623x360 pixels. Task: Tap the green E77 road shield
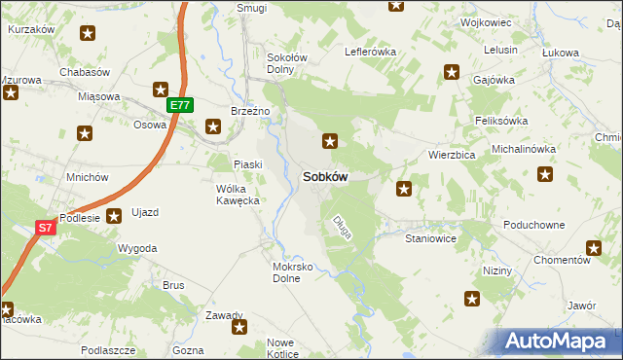point(179,105)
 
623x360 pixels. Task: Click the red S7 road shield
point(45,228)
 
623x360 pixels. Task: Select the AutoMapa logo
point(559,342)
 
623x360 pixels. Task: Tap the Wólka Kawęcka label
point(237,194)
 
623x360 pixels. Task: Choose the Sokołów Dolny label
point(287,63)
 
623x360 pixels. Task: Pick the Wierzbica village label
point(452,155)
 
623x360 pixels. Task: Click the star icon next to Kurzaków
point(88,34)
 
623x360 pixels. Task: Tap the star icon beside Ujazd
point(114,216)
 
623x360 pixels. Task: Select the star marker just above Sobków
point(331,141)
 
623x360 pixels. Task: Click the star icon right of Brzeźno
point(213,126)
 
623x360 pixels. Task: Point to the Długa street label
point(342,228)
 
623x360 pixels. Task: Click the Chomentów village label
point(563,261)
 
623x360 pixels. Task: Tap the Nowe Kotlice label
point(280,348)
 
